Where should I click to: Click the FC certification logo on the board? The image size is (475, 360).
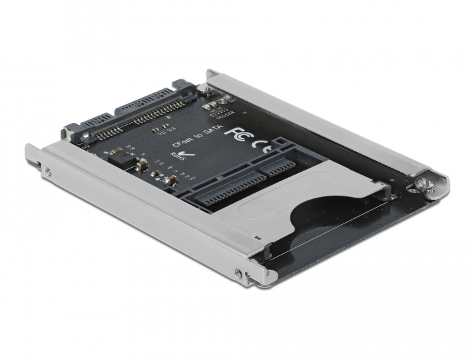[x=234, y=132]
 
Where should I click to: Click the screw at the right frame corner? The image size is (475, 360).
[x=423, y=183]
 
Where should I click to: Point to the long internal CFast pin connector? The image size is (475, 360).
[x=230, y=192]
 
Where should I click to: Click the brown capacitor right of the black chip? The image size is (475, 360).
[x=143, y=165]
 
